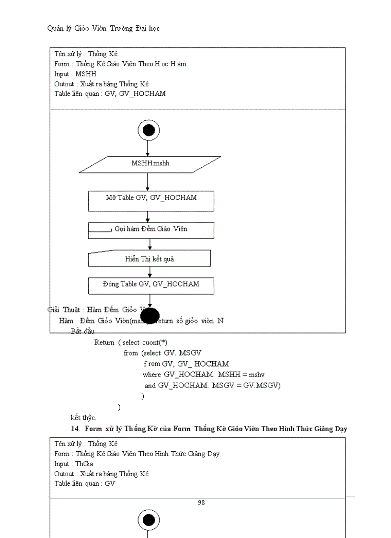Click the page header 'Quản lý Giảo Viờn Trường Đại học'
click(103, 28)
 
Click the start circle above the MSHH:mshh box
click(149, 130)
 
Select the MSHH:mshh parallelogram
click(150, 164)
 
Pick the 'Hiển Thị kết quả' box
click(149, 259)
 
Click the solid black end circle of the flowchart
click(150, 317)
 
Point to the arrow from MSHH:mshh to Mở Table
click(148, 182)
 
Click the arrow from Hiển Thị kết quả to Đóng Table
click(150, 272)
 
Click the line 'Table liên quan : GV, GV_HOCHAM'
click(110, 93)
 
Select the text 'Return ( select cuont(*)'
click(130, 343)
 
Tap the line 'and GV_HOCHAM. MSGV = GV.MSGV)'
click(212, 385)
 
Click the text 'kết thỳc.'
click(83, 417)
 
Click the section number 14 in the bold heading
click(74, 428)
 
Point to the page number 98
click(201, 503)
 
